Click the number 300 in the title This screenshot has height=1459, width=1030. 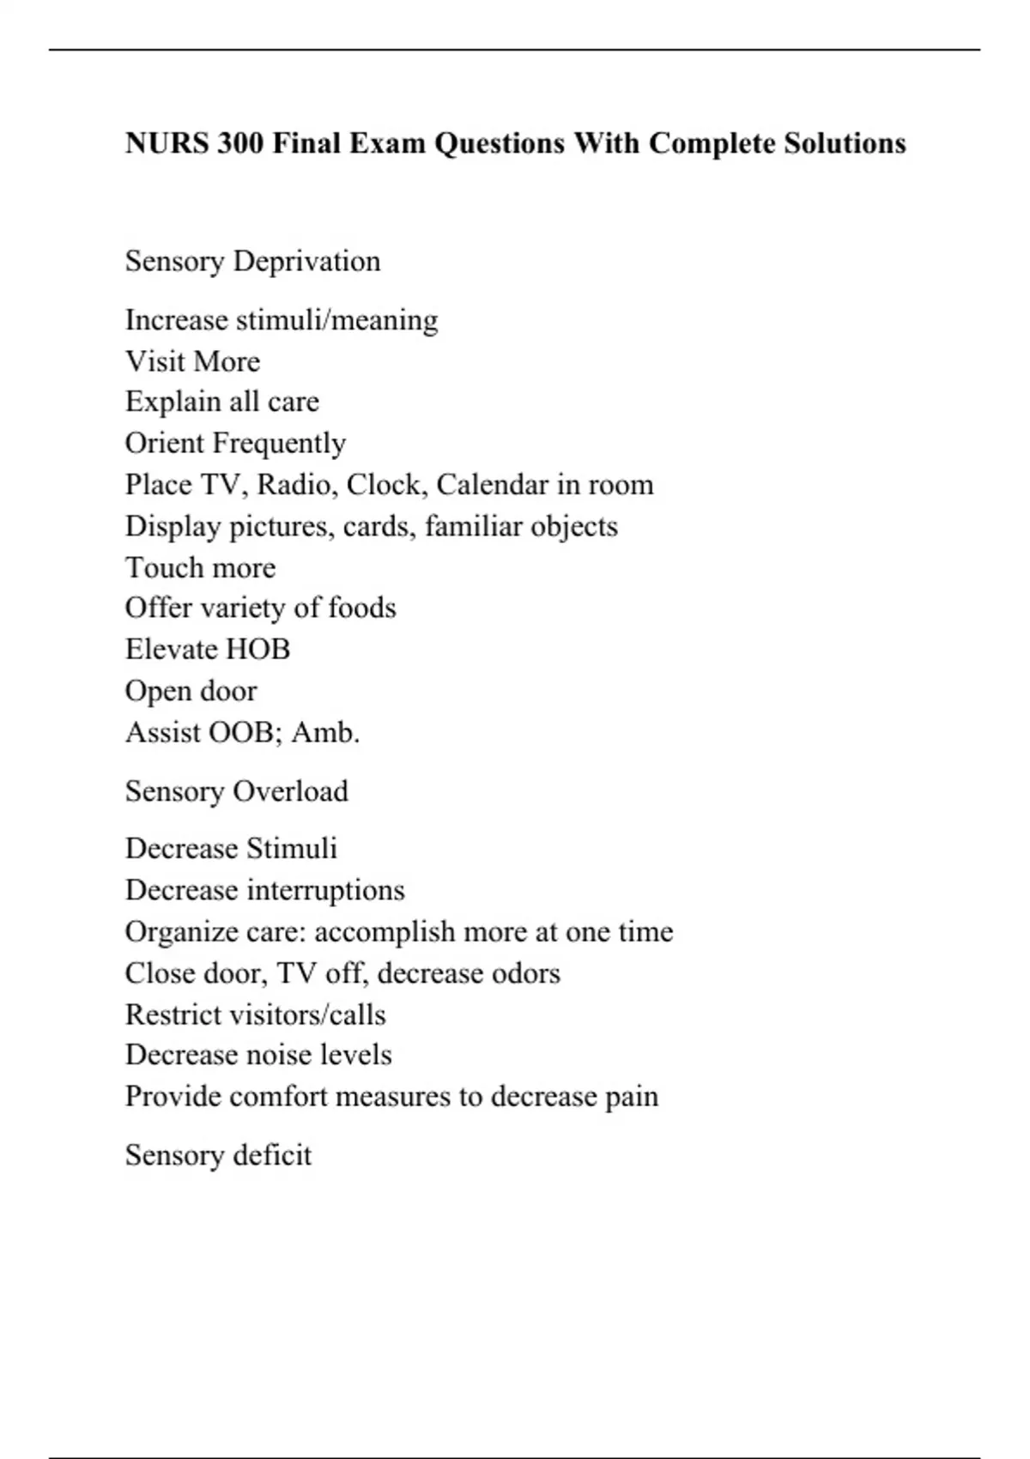[x=239, y=142]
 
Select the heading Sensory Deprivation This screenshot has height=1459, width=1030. [x=252, y=261]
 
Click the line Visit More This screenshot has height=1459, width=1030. [x=192, y=361]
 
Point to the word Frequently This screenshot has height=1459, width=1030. [x=279, y=444]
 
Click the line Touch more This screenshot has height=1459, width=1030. [x=200, y=567]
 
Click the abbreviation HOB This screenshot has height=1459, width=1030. [x=254, y=649]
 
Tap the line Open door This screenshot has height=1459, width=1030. [x=191, y=691]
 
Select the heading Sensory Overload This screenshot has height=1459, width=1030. [x=236, y=790]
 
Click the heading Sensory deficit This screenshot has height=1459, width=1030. [x=218, y=1155]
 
